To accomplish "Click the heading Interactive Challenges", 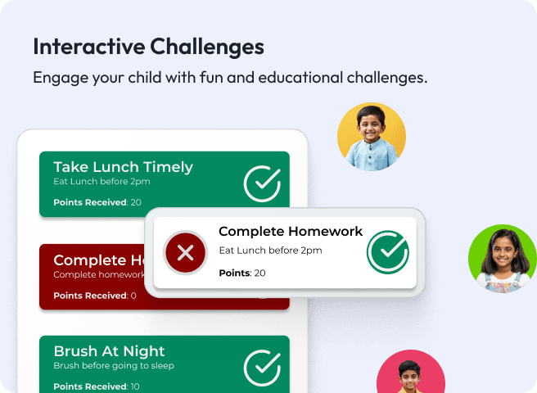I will pos(148,47).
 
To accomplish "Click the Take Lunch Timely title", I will pos(123,167).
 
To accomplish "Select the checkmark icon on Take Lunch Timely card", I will pos(262,183).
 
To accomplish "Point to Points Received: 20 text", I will pos(97,202).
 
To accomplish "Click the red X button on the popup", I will pos(186,252).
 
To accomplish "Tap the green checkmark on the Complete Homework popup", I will pos(387,252).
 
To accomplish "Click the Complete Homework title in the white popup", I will pos(291,232).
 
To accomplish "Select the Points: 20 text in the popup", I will pos(242,273).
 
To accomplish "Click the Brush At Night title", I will pos(109,351).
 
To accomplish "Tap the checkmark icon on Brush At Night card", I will pos(262,368).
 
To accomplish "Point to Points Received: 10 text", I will pos(97,386).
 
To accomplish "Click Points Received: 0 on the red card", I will pos(95,296).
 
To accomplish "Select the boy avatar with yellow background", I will pos(372,137).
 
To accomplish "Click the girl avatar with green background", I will pos(502,259).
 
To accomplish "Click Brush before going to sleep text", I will pos(114,365).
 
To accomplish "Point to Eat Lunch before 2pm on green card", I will pos(102,182).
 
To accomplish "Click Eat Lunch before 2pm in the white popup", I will pos(270,251).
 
